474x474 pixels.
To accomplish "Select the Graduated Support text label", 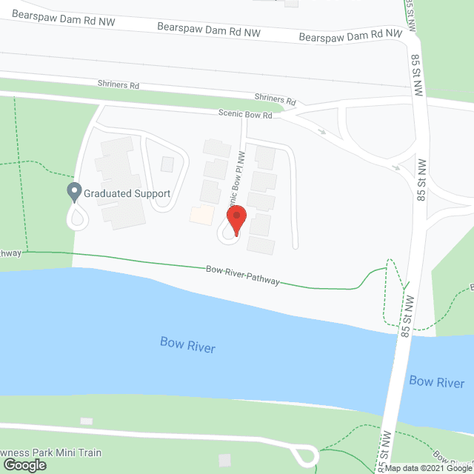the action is [x=127, y=194].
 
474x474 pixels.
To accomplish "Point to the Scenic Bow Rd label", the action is [x=245, y=116].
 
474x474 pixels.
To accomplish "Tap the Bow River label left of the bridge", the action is [x=187, y=344].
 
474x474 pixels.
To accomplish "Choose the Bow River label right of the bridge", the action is [x=436, y=382].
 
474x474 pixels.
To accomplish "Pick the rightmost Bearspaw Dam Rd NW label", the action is [x=350, y=36].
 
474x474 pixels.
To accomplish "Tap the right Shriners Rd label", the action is [x=275, y=99].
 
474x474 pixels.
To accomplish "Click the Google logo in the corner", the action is [x=24, y=465].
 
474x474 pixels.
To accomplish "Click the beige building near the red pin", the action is [x=201, y=216].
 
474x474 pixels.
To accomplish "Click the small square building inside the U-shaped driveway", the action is [x=167, y=164].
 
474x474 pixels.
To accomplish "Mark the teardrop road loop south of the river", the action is [x=305, y=453].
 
